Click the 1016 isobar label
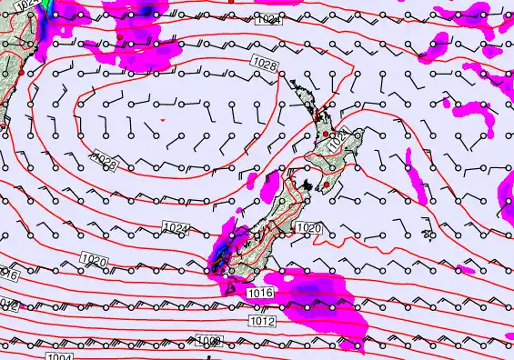259,293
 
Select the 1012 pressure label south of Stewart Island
261,321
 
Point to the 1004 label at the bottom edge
59,357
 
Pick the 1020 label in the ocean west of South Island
95,262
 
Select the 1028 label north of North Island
266,63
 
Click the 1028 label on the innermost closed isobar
106,163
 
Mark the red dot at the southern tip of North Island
325,185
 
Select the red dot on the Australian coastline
21,71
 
